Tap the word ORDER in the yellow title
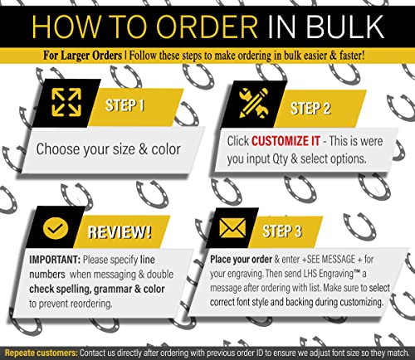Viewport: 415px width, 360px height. click(x=207, y=27)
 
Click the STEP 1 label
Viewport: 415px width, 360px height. click(x=124, y=105)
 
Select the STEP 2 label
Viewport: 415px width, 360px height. click(x=310, y=108)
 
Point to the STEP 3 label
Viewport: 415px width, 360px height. click(x=281, y=231)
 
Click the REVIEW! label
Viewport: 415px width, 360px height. click(x=120, y=231)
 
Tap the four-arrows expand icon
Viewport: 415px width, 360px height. click(x=66, y=102)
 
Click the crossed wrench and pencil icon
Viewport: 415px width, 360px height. click(x=253, y=103)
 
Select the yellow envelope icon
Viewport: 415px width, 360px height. click(x=232, y=228)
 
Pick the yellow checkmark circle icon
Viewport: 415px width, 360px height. click(x=56, y=228)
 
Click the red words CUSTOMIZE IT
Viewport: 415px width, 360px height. click(x=286, y=141)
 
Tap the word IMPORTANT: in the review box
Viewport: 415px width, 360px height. click(x=55, y=260)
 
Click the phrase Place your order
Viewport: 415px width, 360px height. click(x=241, y=260)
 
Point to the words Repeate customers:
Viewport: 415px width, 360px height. click(x=41, y=353)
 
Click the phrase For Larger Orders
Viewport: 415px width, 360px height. click(x=82, y=56)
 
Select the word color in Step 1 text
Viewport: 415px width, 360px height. click(x=166, y=149)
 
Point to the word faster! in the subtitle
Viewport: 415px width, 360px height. click(x=352, y=56)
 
